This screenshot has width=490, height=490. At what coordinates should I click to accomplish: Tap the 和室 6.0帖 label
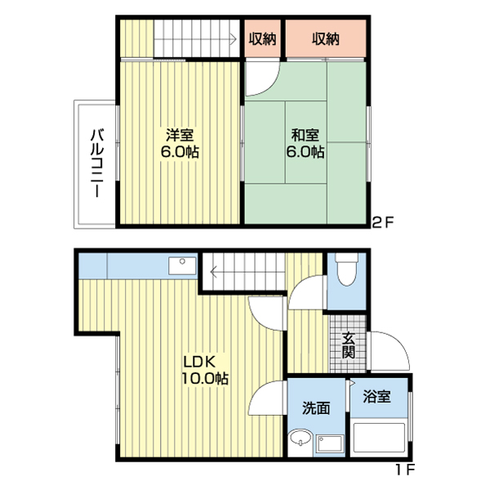tap(305, 144)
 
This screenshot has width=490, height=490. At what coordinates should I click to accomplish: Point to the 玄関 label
tap(349, 345)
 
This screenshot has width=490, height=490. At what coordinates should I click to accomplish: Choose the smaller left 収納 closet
tap(263, 38)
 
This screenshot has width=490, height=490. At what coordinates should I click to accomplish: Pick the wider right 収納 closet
tap(324, 38)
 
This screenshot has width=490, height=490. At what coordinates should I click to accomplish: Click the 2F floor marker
tap(384, 221)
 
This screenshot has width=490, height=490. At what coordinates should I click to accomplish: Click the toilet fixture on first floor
tap(345, 271)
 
